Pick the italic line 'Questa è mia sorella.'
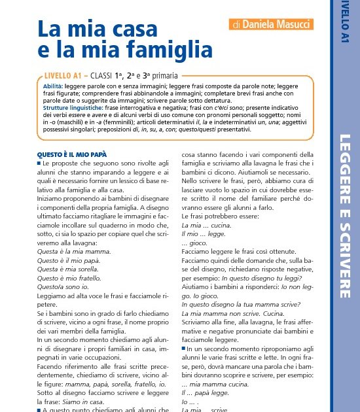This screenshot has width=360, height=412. (x=70, y=268)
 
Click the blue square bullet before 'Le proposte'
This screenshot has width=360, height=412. (x=39, y=162)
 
